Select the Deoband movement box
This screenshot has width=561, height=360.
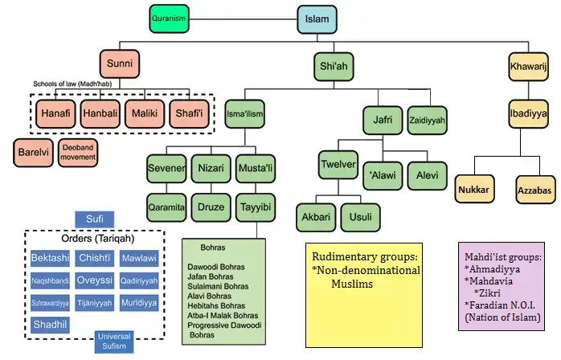click(78, 152)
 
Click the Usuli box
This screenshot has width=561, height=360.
click(361, 217)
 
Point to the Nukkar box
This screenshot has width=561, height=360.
click(474, 190)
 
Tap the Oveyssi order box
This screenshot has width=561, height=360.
click(94, 281)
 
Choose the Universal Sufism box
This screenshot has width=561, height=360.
click(113, 341)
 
